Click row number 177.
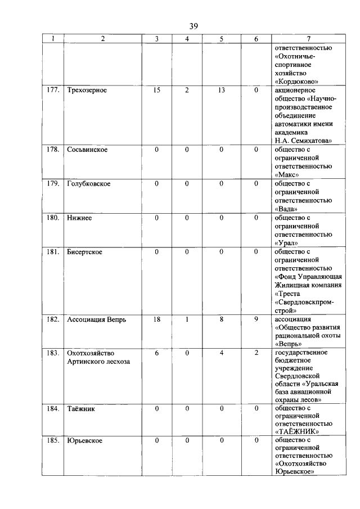(53, 90)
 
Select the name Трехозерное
(87, 90)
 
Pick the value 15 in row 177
(157, 90)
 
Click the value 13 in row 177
(222, 90)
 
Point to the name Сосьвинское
(87, 150)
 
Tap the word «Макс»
(289, 175)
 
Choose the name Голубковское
(89, 184)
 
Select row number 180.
(53, 218)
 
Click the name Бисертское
(85, 252)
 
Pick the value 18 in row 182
(157, 319)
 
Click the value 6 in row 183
(157, 353)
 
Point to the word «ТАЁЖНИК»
(297, 431)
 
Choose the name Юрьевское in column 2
(84, 440)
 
